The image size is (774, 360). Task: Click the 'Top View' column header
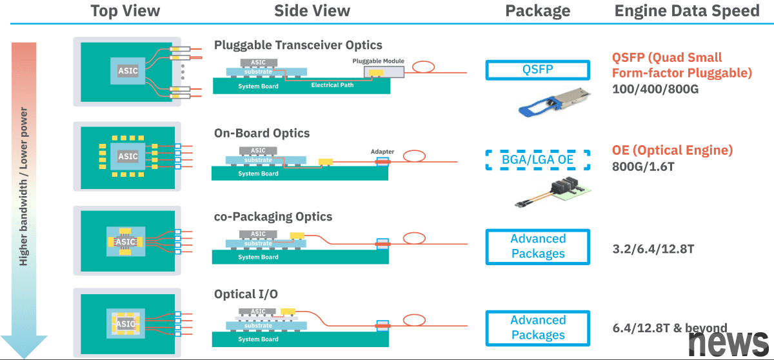click(125, 11)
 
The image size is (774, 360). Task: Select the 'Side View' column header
click(312, 11)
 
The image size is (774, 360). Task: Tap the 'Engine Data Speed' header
click(688, 11)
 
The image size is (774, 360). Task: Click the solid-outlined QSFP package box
click(537, 70)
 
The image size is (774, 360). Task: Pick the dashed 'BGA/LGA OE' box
click(537, 160)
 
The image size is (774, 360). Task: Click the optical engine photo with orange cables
click(554, 192)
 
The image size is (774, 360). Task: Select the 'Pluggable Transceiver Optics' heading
click(298, 45)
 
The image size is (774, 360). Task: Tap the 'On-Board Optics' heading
click(262, 134)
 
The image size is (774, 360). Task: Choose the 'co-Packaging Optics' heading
click(273, 217)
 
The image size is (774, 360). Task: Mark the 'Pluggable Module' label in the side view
click(379, 61)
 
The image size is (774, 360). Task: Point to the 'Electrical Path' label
click(333, 85)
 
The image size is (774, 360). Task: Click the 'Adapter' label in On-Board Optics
click(382, 152)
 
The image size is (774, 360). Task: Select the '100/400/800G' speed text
click(655, 89)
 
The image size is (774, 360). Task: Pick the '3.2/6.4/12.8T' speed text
click(653, 247)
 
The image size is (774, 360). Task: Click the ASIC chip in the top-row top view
click(128, 70)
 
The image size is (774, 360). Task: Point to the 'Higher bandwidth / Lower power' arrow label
click(24, 187)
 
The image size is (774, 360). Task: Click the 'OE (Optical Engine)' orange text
click(672, 150)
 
